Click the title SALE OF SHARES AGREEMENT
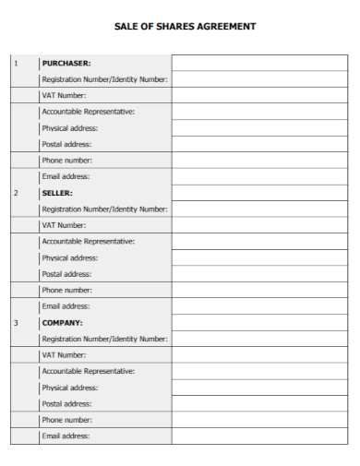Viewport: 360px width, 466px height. pos(185,26)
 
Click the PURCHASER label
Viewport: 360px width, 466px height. pos(66,63)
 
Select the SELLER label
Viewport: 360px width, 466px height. pos(57,193)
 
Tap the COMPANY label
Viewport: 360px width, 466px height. pos(63,323)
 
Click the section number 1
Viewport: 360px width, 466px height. pos(15,63)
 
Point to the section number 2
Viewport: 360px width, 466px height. pos(15,193)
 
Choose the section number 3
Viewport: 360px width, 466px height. pos(15,323)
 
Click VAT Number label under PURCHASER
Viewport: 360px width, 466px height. pos(64,95)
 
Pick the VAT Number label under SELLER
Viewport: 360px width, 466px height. pos(64,225)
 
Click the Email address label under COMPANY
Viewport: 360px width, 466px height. pos(66,436)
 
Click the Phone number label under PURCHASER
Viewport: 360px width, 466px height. pos(66,161)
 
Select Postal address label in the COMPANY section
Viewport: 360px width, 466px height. pos(66,403)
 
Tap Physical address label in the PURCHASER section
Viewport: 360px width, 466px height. pos(69,127)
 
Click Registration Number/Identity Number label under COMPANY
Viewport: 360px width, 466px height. pos(104,339)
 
